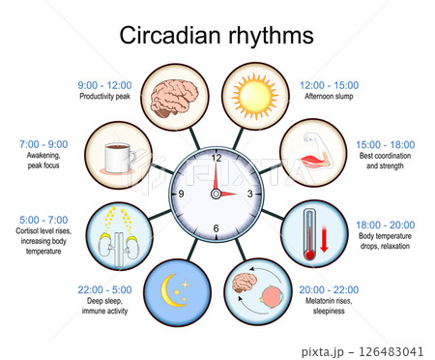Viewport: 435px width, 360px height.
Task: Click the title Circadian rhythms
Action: (x=216, y=35)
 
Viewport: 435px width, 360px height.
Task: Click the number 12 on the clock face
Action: (x=217, y=158)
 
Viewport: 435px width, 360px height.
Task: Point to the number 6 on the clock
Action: (x=217, y=228)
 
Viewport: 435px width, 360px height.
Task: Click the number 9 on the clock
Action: (x=181, y=193)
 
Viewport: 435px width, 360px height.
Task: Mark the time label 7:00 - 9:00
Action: (x=45, y=144)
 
